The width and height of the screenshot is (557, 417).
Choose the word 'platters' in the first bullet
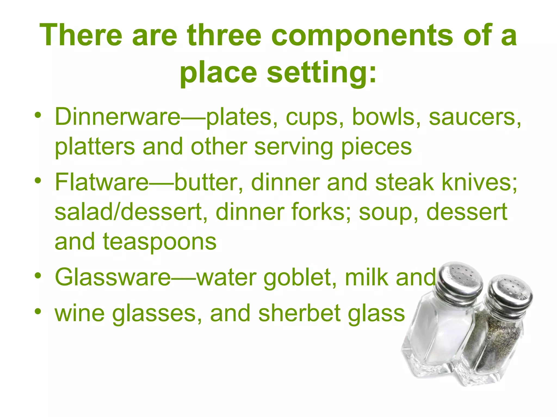tap(95, 147)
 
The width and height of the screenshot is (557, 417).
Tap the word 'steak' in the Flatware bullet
tap(404, 182)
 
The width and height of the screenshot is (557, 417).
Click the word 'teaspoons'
tap(160, 242)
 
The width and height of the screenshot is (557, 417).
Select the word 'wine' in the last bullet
tap(80, 313)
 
